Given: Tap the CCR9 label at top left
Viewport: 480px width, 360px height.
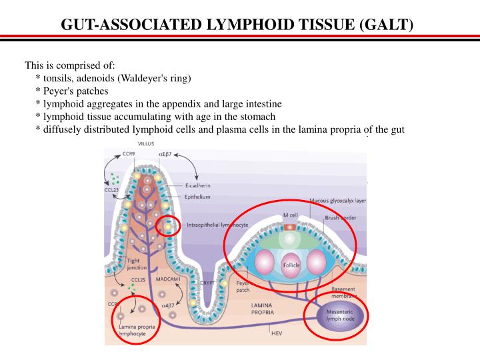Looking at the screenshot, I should point(119,155).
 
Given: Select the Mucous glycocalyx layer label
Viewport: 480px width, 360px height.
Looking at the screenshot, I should point(337,201).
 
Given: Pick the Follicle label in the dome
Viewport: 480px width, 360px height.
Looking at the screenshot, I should point(292,265).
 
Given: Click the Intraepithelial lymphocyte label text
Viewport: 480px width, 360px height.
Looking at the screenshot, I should point(217,225).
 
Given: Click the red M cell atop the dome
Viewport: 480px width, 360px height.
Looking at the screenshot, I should point(289,225).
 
